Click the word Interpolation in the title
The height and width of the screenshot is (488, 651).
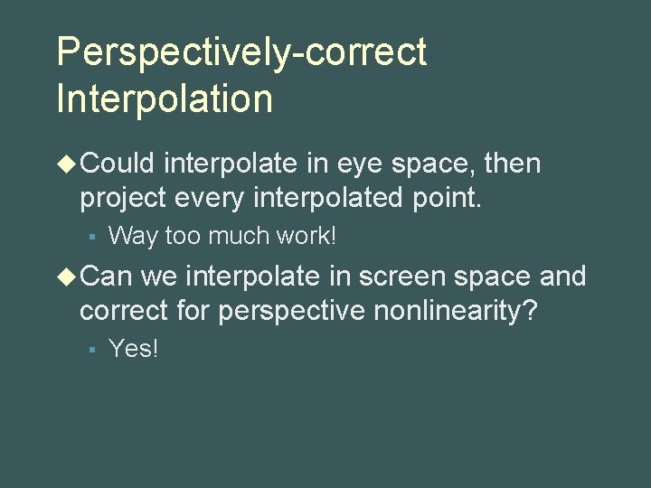pos(164,97)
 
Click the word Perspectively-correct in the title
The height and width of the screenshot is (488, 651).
pos(241,52)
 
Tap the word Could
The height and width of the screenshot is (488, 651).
pos(118,164)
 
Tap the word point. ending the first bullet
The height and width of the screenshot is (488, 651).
pos(446,197)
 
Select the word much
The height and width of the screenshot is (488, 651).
pos(239,237)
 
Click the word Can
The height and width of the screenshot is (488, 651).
pos(106,276)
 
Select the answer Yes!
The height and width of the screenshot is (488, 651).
pos(133,349)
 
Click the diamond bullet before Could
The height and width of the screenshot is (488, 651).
pos(67,164)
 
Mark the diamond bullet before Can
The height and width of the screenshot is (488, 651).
pos(67,276)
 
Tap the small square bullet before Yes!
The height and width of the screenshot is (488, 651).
pos(92,350)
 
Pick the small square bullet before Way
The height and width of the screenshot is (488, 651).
pos(92,238)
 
